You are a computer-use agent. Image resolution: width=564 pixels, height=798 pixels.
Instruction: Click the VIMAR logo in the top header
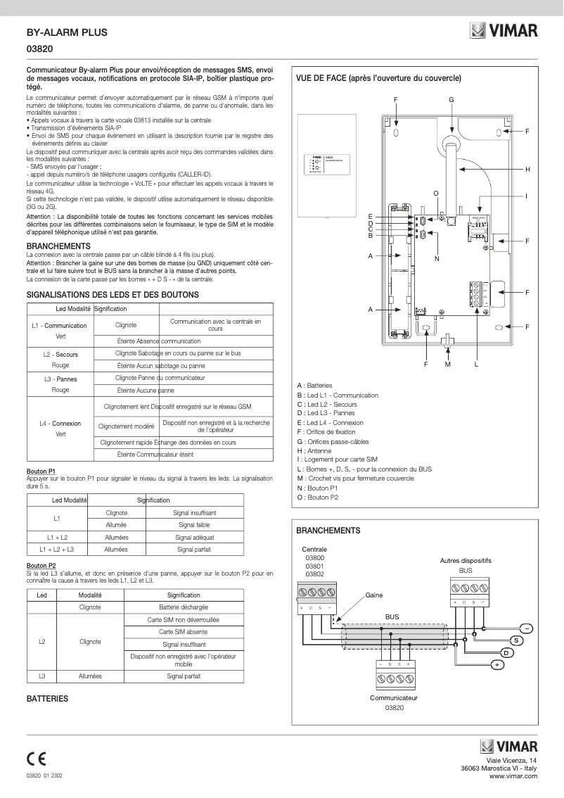[x=504, y=31]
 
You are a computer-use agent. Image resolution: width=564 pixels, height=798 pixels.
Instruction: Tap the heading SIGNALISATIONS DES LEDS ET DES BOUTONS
[x=113, y=294]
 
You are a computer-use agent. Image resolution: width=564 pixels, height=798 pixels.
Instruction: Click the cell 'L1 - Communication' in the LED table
[x=60, y=326]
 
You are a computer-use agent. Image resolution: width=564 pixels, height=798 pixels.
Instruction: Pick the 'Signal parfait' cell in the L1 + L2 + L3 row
[x=194, y=549]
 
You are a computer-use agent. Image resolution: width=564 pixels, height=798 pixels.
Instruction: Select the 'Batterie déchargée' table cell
[x=184, y=607]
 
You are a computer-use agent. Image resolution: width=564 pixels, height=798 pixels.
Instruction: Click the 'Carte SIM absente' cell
[x=184, y=632]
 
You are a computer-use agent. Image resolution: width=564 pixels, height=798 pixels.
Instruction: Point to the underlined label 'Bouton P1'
[x=40, y=469]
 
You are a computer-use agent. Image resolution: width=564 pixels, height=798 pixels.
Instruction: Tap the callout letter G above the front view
[x=451, y=99]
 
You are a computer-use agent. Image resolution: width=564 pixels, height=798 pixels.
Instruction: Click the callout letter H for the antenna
[x=527, y=170]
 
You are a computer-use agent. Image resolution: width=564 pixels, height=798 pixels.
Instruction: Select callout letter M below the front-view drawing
[x=448, y=364]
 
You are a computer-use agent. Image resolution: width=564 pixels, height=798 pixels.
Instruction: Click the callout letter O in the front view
[x=436, y=193]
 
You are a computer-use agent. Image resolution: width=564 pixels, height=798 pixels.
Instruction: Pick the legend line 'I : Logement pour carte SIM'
[x=338, y=459]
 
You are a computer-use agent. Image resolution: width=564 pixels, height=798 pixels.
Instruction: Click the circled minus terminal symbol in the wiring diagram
[x=527, y=628]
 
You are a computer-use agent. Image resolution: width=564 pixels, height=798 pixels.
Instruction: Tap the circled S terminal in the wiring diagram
[x=516, y=640]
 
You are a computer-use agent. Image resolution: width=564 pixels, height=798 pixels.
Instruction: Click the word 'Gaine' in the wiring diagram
[x=374, y=595]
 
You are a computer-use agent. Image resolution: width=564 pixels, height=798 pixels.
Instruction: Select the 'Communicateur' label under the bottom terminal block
[x=394, y=697]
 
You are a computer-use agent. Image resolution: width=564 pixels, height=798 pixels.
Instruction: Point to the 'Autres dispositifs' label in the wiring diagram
[x=465, y=560]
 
